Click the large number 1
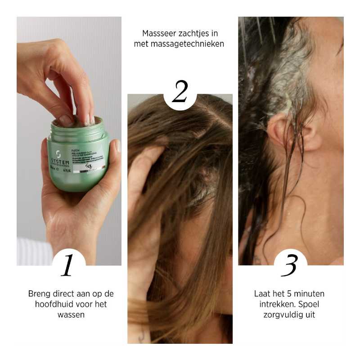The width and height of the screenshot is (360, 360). click(x=67, y=265)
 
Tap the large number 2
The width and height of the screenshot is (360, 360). click(x=180, y=93)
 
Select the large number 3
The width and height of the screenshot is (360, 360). click(x=290, y=265)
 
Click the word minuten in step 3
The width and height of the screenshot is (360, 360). click(x=310, y=294)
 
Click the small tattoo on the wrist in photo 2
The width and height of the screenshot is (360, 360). click(x=141, y=335)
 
